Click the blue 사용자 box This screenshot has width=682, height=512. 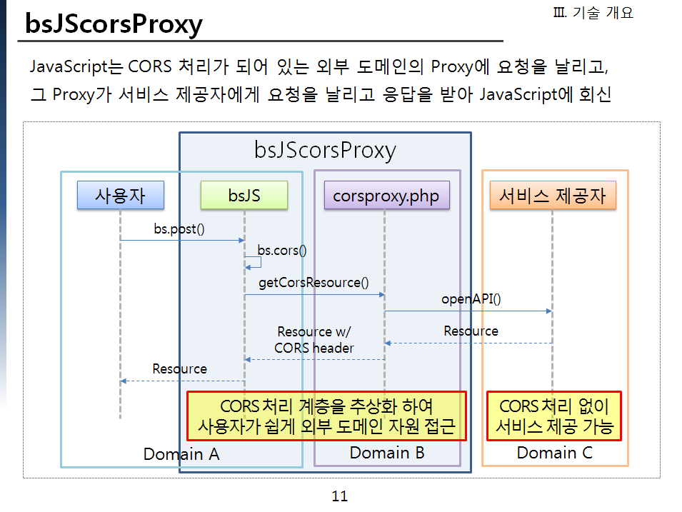click(x=120, y=195)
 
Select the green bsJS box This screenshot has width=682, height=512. click(x=244, y=195)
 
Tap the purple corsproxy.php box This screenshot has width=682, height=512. click(x=386, y=195)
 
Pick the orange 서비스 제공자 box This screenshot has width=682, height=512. click(x=552, y=195)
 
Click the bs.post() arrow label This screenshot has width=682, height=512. click(x=179, y=230)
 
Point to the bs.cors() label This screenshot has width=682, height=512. click(x=281, y=250)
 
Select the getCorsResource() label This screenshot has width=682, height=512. click(x=314, y=282)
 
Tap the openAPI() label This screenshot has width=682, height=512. click(x=471, y=299)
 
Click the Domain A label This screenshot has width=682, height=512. click(x=181, y=454)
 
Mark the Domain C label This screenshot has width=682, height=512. click(x=554, y=453)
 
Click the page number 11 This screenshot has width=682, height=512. click(x=339, y=496)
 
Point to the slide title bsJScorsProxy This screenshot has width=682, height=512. click(x=114, y=24)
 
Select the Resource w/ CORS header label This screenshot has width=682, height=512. click(x=314, y=340)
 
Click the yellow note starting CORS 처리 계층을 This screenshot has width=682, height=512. click(x=326, y=416)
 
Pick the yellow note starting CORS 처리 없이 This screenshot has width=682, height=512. click(x=554, y=416)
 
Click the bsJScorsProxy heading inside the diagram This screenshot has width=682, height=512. click(x=325, y=150)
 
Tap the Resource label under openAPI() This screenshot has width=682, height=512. click(x=471, y=331)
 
